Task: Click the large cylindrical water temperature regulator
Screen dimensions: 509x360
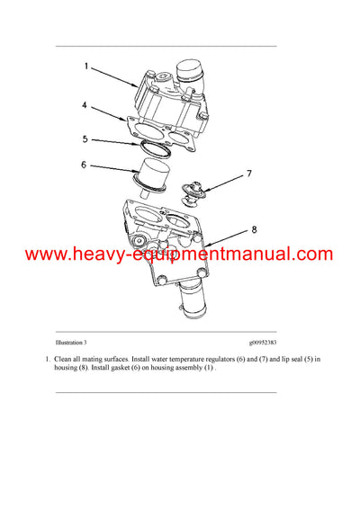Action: (158, 174)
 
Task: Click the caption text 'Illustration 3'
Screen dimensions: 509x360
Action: (71, 343)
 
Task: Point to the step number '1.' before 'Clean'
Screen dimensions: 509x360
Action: (47, 359)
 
